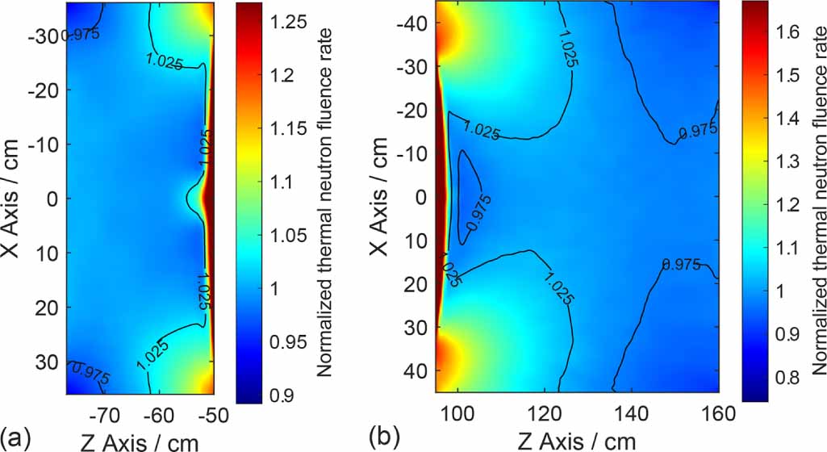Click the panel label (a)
click(17, 439)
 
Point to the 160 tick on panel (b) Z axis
click(719, 415)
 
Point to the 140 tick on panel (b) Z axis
click(633, 415)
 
